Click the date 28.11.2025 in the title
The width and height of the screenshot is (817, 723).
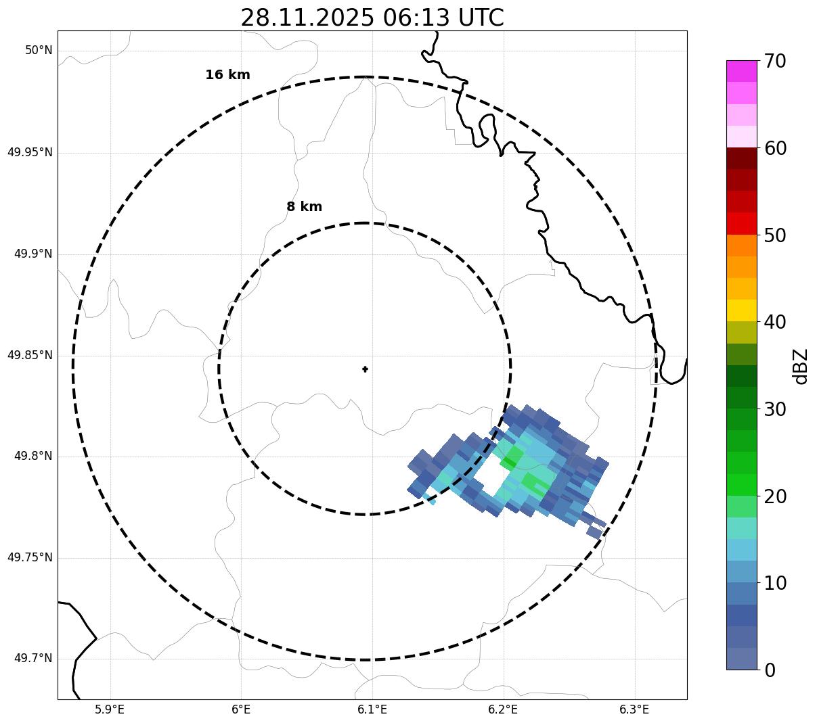click(x=307, y=18)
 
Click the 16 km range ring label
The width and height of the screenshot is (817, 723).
click(x=227, y=75)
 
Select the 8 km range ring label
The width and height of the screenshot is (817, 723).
click(x=304, y=207)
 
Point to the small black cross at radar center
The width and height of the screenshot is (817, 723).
click(x=366, y=369)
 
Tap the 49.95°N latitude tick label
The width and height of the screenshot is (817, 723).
click(x=30, y=152)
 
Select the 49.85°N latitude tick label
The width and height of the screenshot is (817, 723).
click(x=30, y=355)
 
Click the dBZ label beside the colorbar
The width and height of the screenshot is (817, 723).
click(x=801, y=367)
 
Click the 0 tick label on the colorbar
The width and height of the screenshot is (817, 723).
click(x=770, y=670)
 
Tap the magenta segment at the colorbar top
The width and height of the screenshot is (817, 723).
click(x=741, y=71)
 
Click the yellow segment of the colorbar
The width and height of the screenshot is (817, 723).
click(x=741, y=310)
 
